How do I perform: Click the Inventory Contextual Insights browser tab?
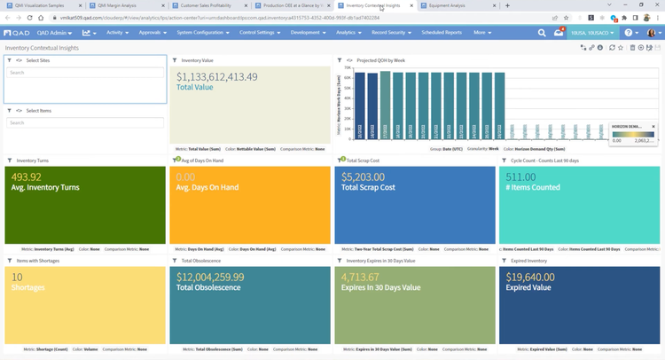click(372, 5)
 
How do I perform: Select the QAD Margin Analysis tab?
click(117, 5)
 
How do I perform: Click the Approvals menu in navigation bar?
click(153, 33)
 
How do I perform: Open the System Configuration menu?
click(202, 33)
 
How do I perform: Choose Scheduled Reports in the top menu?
click(441, 33)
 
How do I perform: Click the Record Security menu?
click(390, 33)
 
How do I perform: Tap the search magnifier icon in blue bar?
click(542, 33)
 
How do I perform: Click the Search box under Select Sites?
click(85, 73)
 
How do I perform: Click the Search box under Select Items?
click(85, 122)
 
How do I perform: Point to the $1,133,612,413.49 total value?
click(217, 77)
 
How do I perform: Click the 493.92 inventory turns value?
click(27, 176)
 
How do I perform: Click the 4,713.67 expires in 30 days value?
click(364, 278)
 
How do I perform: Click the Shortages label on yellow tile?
click(28, 287)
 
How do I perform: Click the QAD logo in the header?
click(18, 33)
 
